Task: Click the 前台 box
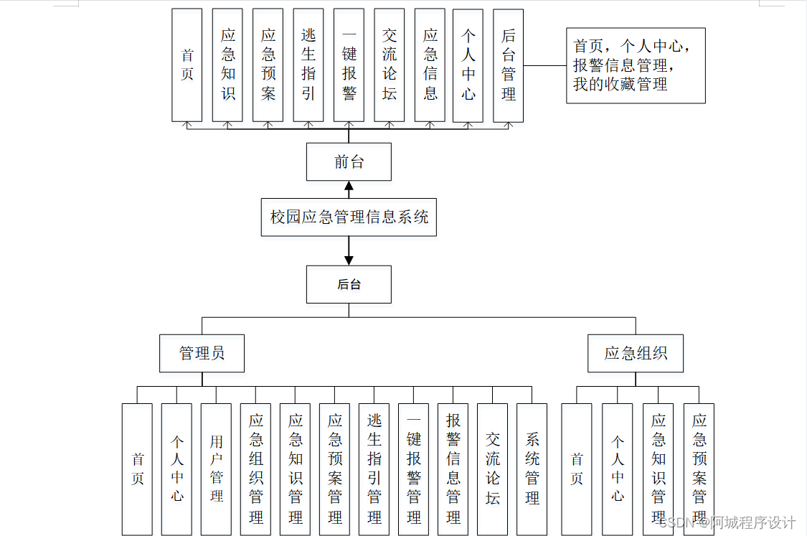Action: (x=349, y=161)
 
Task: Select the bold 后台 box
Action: (x=349, y=284)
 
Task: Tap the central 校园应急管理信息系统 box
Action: (x=349, y=217)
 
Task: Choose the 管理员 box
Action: (x=202, y=353)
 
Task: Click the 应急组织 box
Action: (x=636, y=353)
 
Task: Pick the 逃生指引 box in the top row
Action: (x=308, y=65)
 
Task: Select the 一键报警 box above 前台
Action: (x=349, y=65)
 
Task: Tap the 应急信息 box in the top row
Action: (x=430, y=65)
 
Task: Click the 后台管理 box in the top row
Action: (x=509, y=65)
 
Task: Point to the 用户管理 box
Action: (x=216, y=469)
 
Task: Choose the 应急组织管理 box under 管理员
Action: (x=255, y=469)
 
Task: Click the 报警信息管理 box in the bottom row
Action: (x=453, y=469)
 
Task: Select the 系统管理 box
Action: (x=532, y=469)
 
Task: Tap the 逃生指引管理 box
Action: (x=374, y=469)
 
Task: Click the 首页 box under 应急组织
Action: (x=577, y=469)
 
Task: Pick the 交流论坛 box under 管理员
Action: (x=492, y=469)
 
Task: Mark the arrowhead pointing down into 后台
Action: (x=349, y=260)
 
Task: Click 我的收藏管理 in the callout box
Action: (x=620, y=85)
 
